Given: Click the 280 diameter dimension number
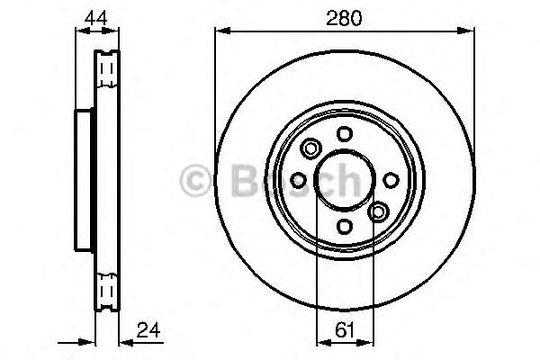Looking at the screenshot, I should [x=344, y=18].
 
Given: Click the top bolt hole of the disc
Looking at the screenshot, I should [x=345, y=133].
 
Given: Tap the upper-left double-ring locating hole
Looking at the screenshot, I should [x=311, y=148].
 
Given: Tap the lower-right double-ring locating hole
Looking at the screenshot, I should [x=378, y=212].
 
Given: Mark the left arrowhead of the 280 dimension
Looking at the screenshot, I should [x=219, y=31].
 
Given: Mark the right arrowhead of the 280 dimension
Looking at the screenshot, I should [x=471, y=31].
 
